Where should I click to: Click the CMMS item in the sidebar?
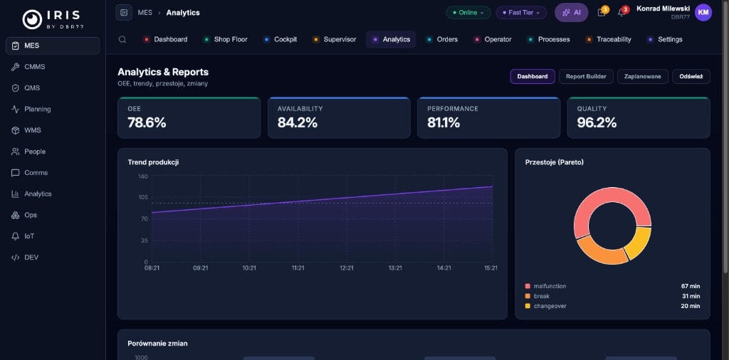(34, 67)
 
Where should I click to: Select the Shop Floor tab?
(230, 39)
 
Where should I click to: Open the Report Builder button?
(586, 76)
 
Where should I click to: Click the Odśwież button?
(691, 76)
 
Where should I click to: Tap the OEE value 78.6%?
(147, 122)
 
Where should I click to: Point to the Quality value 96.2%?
(597, 122)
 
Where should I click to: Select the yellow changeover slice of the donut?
(639, 243)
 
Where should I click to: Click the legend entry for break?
(541, 296)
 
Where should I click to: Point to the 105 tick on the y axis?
(142, 197)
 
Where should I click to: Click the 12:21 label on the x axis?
(347, 268)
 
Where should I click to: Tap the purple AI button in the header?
(571, 12)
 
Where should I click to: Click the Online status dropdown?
(468, 13)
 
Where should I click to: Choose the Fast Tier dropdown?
(521, 13)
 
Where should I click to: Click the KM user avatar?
(703, 12)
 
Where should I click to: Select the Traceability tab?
(613, 39)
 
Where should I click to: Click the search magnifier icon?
(122, 40)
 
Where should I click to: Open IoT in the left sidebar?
(28, 236)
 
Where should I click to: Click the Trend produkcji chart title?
(153, 162)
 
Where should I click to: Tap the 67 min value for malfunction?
(690, 286)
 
